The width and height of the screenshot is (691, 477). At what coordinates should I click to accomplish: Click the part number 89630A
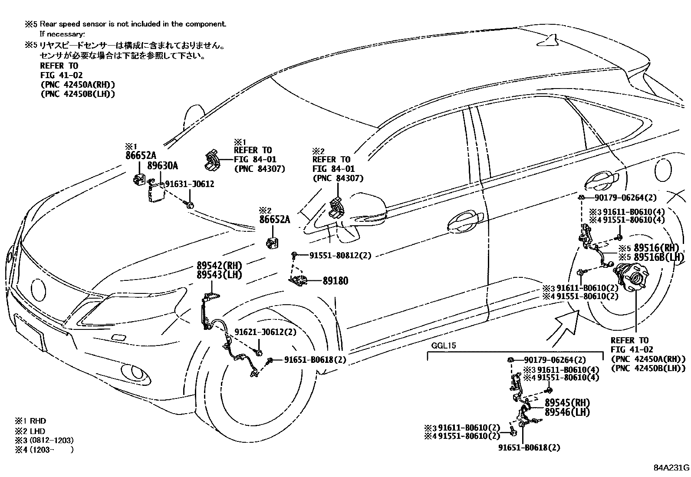point(162,165)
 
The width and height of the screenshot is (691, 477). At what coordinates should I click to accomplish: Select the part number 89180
point(335,281)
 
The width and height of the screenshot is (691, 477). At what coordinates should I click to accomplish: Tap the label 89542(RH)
point(219,266)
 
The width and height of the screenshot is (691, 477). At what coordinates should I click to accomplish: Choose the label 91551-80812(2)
point(340,256)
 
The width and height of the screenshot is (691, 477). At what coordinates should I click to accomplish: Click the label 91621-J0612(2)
point(265,332)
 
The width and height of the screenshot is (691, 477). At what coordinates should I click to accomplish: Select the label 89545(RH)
point(567,402)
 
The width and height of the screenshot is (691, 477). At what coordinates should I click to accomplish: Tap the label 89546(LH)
point(567,412)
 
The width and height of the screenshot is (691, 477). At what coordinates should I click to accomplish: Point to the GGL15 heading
point(443,346)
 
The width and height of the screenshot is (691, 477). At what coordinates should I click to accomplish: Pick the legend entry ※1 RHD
point(30,421)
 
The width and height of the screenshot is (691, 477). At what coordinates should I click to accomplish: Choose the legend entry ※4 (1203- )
point(43,450)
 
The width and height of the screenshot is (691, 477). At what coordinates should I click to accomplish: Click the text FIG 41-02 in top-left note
point(61,75)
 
